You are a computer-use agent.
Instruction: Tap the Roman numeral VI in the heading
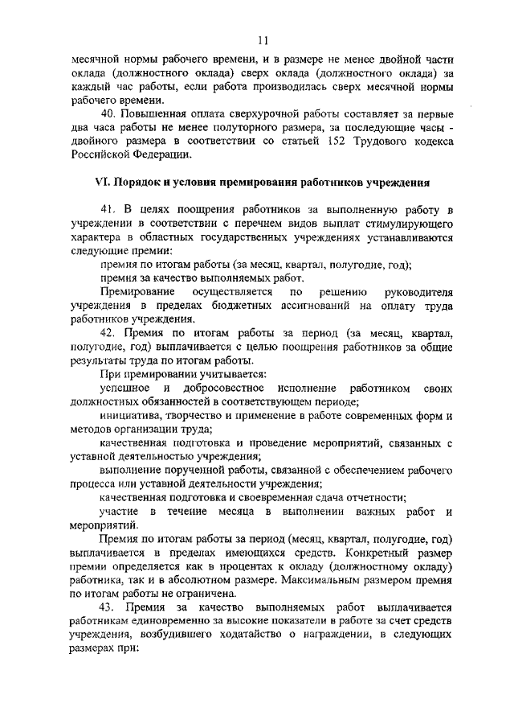(x=100, y=182)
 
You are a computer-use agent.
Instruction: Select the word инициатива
(x=133, y=415)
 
